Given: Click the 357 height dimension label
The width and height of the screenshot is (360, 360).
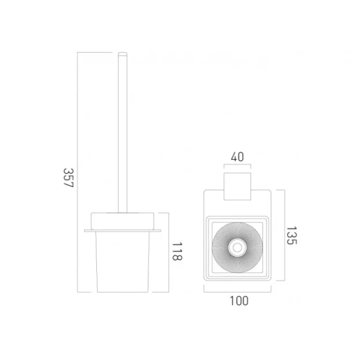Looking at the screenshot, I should tap(68, 181).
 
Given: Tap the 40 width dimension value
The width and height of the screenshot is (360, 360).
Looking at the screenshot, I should tap(237, 156).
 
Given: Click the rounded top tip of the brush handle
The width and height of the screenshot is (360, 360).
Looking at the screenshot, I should tap(122, 54).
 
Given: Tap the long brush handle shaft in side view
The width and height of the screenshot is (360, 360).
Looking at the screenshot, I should tap(122, 133).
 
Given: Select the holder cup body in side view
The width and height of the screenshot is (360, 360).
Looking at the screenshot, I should tap(122, 260).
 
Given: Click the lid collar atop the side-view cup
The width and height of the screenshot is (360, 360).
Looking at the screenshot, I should tap(122, 221).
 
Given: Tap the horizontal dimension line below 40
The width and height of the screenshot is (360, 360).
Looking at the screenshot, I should tap(237, 167).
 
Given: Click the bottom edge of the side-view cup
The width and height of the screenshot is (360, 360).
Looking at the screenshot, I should tap(122, 291).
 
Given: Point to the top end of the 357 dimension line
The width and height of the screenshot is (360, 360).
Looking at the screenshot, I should tap(78, 52).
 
